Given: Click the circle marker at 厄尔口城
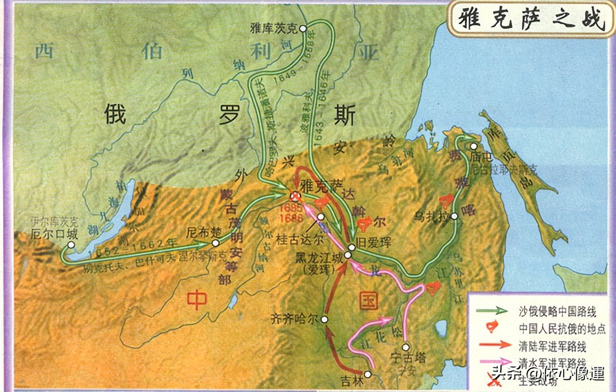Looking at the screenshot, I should (x=71, y=245).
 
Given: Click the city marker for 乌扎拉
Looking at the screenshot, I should (x=454, y=216).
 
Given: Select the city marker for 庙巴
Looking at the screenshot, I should (x=474, y=147).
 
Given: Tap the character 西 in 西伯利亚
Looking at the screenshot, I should (x=45, y=51).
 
